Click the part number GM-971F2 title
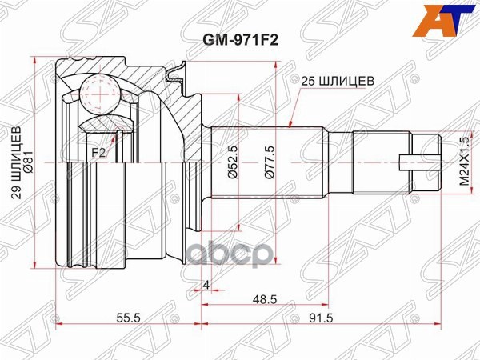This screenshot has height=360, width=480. [x=239, y=37]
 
